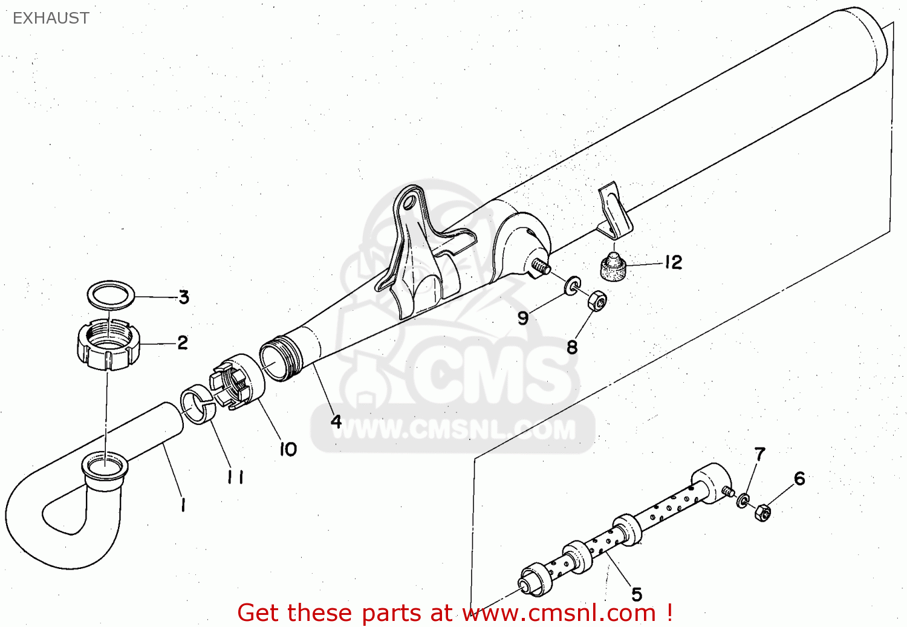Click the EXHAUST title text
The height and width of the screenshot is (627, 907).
51,18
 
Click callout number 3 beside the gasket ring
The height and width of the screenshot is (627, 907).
184,297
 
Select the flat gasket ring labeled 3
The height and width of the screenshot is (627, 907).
111,294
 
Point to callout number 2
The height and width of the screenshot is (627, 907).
183,343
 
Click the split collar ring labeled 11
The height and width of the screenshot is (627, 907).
199,404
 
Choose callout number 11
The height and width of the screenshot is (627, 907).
235,478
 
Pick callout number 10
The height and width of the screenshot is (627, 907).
288,449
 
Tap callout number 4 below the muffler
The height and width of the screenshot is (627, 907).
336,421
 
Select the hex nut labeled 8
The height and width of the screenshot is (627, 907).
597,300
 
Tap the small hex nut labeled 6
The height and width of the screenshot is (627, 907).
762,512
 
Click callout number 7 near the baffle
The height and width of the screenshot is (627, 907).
759,454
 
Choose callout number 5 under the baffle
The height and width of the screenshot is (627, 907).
637,594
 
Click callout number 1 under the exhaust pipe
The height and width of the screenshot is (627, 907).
183,505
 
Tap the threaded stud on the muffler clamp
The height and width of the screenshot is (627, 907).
541,267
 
